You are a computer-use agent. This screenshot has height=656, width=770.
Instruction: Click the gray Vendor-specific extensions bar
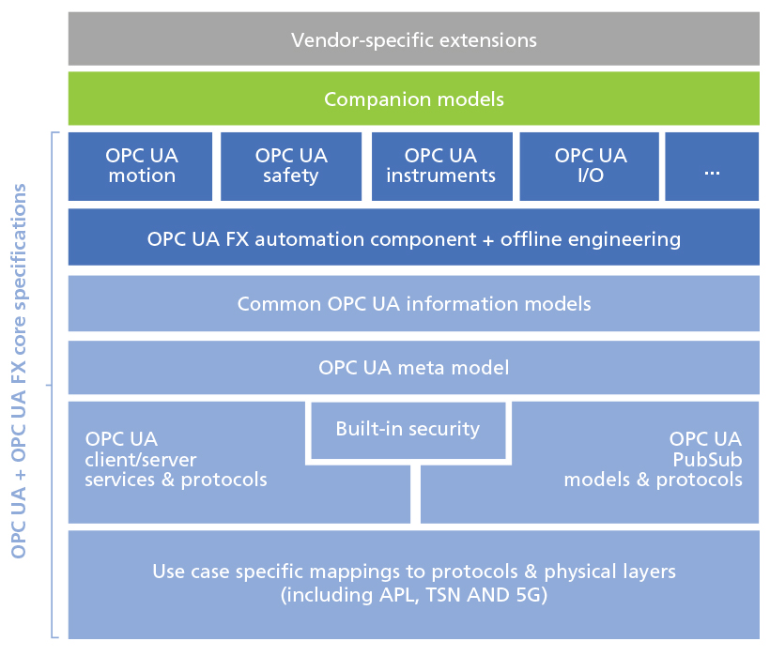413,38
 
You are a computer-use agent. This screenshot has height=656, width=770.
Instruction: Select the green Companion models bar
413,99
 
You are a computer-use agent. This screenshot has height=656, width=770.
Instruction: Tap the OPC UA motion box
140,166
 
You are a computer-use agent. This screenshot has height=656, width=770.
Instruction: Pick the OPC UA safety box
291,166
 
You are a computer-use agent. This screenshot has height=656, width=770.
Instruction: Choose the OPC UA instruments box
441,166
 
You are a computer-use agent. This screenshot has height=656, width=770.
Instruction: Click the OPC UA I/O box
590,166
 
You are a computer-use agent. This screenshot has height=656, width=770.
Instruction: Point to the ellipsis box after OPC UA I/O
712,166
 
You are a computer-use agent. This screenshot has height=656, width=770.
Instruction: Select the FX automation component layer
413,237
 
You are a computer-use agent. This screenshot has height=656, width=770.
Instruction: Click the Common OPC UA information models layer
413,303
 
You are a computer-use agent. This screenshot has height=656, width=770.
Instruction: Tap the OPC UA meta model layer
413,368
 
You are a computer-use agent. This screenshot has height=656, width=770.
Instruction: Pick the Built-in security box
408,431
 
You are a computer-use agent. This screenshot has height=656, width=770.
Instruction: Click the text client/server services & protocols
176,469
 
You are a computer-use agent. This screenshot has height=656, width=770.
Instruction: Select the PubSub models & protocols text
654,469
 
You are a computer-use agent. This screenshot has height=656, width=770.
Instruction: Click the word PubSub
707,460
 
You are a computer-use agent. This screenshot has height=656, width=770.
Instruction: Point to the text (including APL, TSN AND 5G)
413,595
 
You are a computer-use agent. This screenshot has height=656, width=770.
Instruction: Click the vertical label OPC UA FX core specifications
19,371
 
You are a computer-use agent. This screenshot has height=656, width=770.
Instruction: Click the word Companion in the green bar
378,100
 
